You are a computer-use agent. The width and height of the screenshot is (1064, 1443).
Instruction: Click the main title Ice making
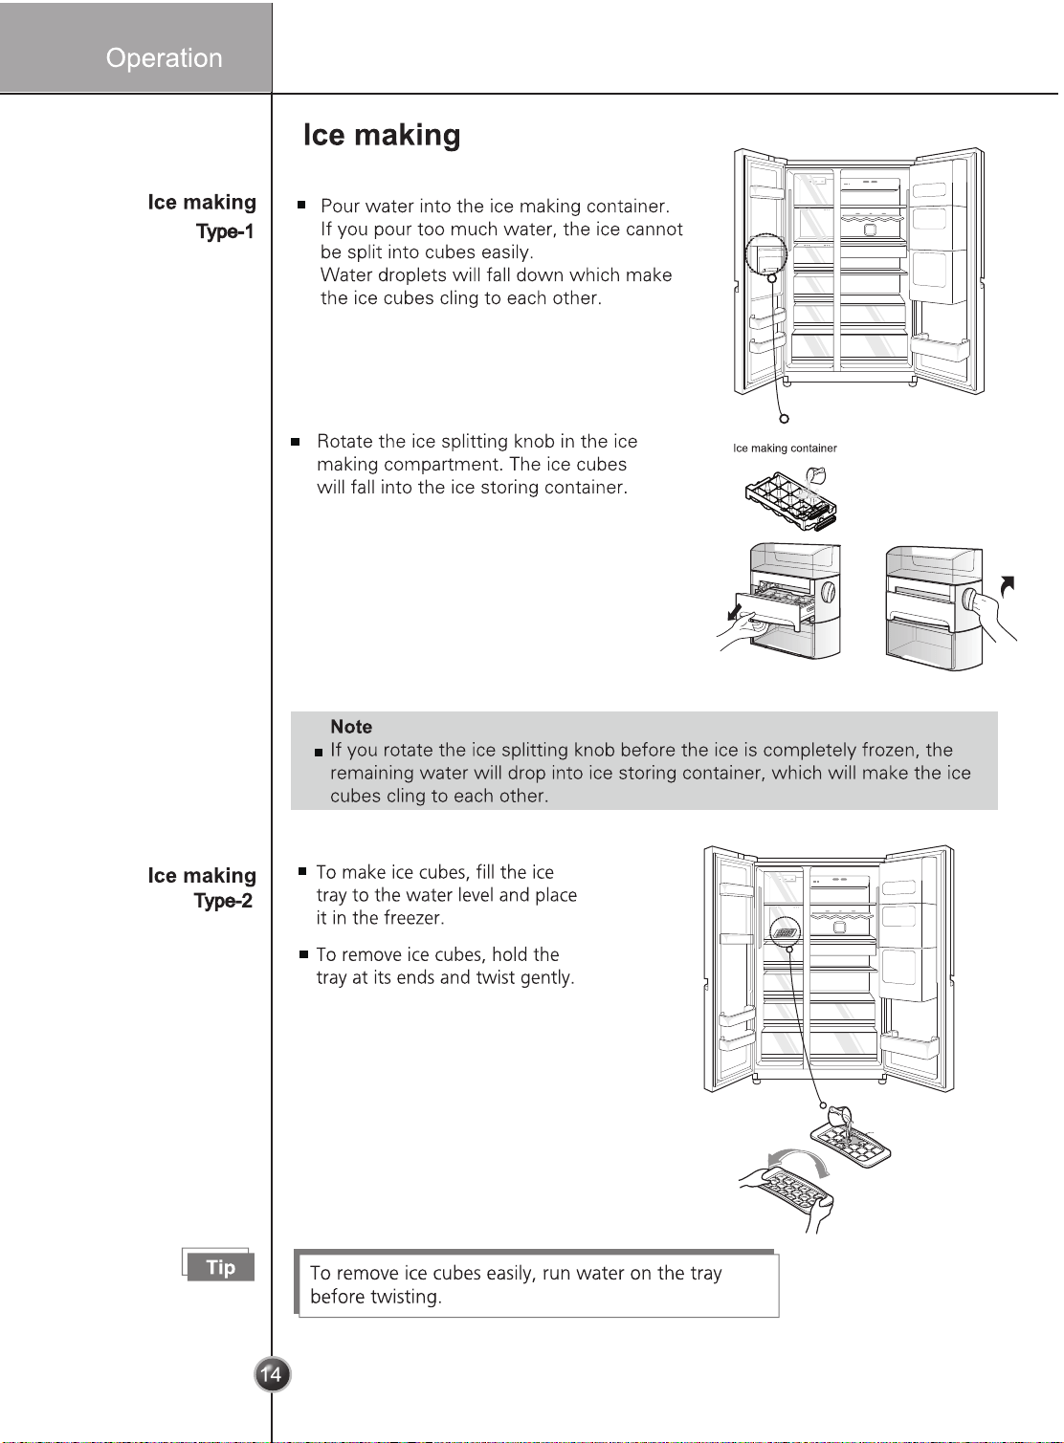(382, 135)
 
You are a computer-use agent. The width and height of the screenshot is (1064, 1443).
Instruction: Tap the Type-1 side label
(225, 231)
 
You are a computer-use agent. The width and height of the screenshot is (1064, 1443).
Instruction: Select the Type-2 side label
(224, 901)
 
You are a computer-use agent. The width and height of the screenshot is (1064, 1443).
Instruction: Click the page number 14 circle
(272, 1374)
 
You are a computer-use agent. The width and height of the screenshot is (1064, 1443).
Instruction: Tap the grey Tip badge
(220, 1266)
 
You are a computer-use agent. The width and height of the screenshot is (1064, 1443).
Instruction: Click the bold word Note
(351, 727)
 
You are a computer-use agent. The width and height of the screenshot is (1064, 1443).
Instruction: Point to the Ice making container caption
(785, 448)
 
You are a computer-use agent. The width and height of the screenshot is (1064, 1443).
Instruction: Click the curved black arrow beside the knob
(1007, 585)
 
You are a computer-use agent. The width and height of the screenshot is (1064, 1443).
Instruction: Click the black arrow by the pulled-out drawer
(733, 611)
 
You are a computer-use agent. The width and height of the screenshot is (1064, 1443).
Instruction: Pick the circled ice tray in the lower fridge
(786, 932)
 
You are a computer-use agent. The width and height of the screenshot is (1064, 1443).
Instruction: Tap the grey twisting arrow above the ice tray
(798, 1153)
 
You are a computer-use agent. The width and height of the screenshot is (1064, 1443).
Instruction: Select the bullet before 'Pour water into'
(301, 205)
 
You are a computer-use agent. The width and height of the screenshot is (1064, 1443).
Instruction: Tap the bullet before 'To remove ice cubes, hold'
(303, 954)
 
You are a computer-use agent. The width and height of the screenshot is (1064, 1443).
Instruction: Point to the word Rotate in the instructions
(344, 441)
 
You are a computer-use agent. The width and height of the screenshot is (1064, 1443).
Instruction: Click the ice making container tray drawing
(791, 500)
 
